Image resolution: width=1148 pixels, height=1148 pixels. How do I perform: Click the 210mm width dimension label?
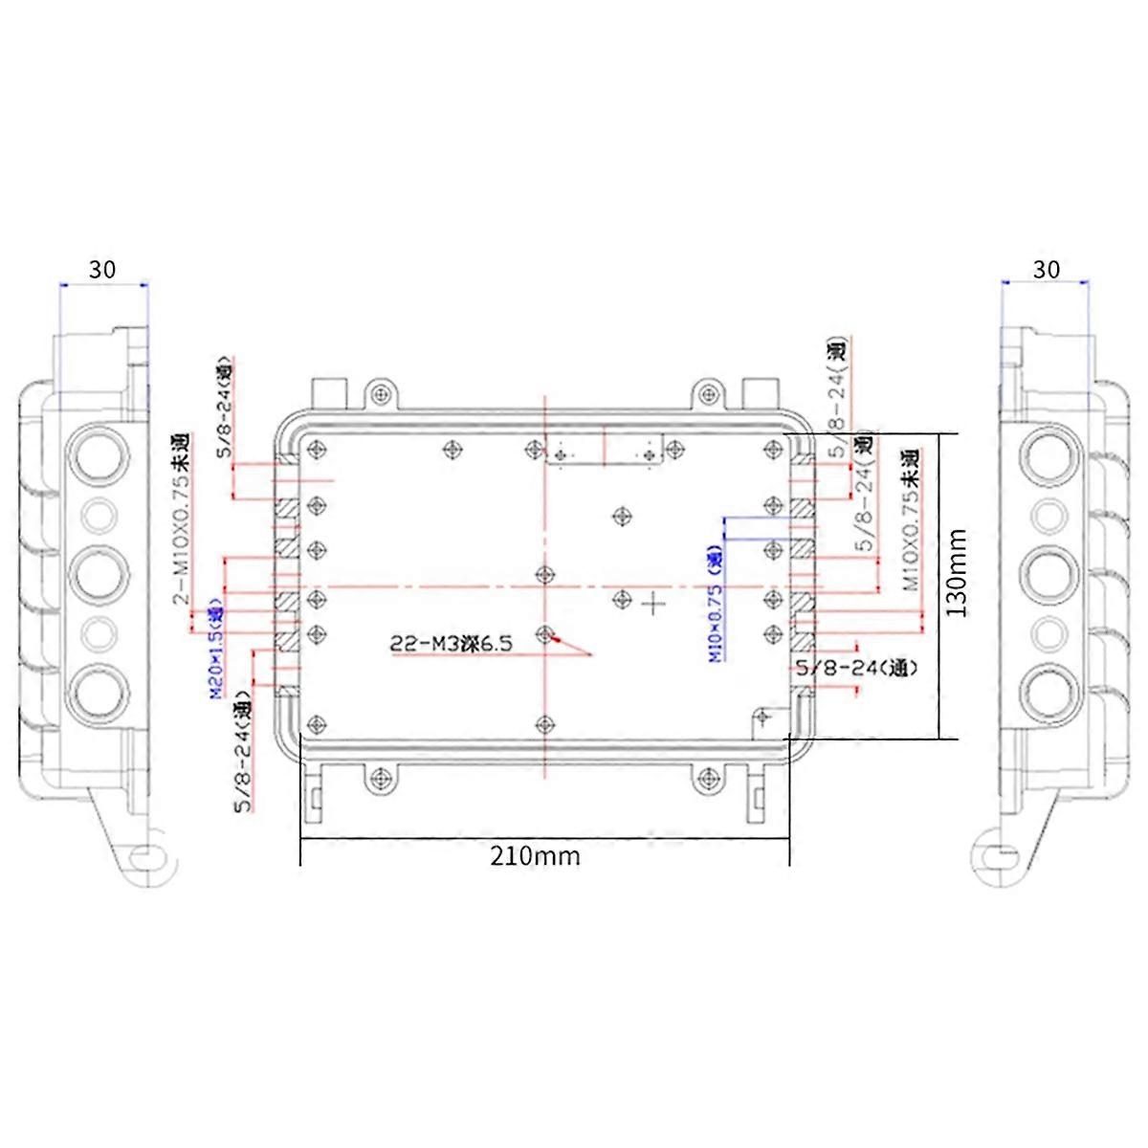pyautogui.click(x=535, y=855)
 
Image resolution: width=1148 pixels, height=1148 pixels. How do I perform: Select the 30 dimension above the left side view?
pyautogui.click(x=102, y=270)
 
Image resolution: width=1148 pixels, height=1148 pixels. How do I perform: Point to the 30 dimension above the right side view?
pyautogui.click(x=1047, y=270)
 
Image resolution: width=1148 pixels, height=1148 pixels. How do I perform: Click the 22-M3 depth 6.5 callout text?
pyautogui.click(x=451, y=644)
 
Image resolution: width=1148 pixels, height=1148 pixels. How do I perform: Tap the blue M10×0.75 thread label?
pyautogui.click(x=714, y=603)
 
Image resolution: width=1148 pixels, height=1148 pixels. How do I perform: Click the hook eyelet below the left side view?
pyautogui.click(x=145, y=854)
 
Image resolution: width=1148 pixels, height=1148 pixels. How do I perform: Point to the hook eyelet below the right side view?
pyautogui.click(x=1000, y=854)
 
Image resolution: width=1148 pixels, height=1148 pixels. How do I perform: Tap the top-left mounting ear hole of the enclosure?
pyautogui.click(x=382, y=393)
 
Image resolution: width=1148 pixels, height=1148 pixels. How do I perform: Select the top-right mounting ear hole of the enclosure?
pyautogui.click(x=707, y=393)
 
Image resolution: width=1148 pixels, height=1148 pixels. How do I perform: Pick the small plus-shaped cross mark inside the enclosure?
pyautogui.click(x=653, y=604)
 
